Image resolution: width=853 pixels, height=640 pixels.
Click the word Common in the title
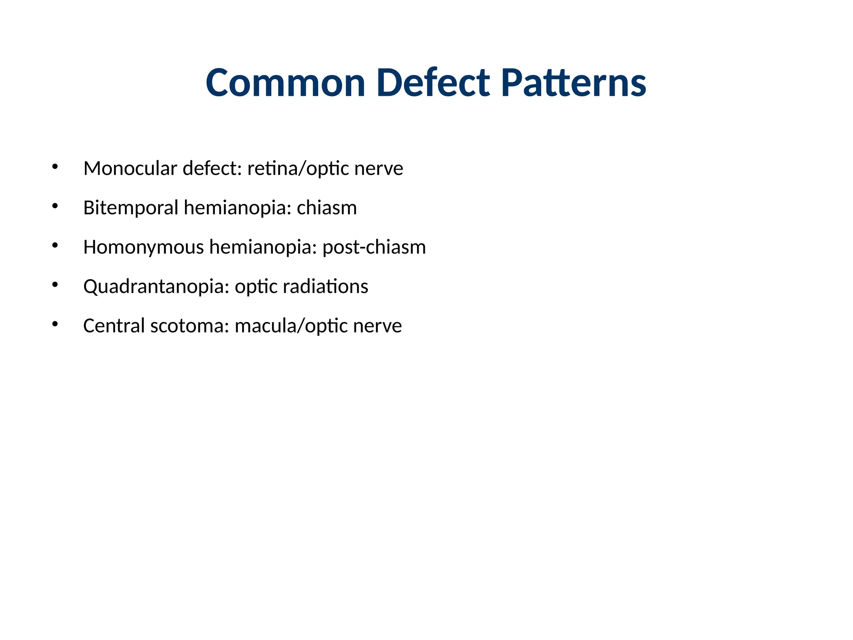[x=285, y=83]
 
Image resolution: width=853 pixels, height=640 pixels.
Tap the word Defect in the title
[x=433, y=83]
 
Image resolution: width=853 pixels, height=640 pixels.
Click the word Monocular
[x=130, y=168]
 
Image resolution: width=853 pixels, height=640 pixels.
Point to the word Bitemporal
[x=131, y=207]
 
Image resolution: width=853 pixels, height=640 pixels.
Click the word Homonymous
[x=144, y=247]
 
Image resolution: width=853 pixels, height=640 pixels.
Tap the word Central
[x=114, y=325]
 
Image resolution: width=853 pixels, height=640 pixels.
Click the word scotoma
[x=190, y=325]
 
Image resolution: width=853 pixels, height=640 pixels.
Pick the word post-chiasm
[x=374, y=247]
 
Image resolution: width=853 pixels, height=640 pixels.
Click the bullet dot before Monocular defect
[x=55, y=167]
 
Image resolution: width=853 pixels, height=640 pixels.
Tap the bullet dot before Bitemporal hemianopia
[x=55, y=206]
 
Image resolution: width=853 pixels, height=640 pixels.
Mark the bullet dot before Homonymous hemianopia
[x=55, y=245]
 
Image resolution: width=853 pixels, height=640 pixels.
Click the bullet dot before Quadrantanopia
[x=55, y=285]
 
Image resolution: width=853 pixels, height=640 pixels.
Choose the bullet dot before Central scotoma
[x=55, y=324]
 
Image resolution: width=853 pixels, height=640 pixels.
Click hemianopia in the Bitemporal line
[x=237, y=207]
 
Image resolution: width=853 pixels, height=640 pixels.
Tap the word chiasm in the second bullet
[x=327, y=207]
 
